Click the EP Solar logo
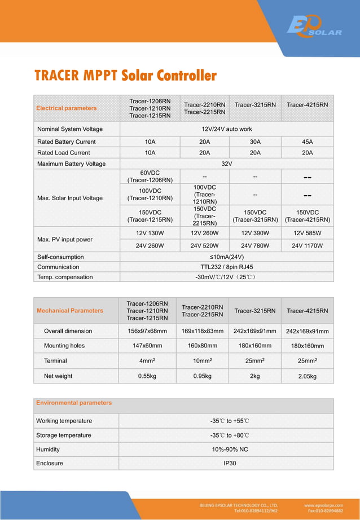click(x=314, y=27)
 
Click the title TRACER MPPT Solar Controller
click(x=125, y=76)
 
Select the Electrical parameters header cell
click(x=67, y=108)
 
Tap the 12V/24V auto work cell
click(x=227, y=129)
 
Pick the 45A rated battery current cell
click(x=308, y=142)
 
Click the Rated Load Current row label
click(x=64, y=153)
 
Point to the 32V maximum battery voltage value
click(x=227, y=164)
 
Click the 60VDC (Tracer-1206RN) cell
click(x=150, y=176)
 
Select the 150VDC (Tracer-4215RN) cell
click(x=308, y=216)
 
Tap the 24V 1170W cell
click(x=308, y=246)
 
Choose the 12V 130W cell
click(x=150, y=233)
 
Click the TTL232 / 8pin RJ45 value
click(x=227, y=267)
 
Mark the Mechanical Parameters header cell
click(x=70, y=311)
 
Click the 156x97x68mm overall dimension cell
click(x=147, y=331)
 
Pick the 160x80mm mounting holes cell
click(x=202, y=346)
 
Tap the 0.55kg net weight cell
click(x=147, y=376)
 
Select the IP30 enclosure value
click(x=226, y=463)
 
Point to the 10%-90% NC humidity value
click(x=226, y=450)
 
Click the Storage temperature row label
click(x=64, y=435)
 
